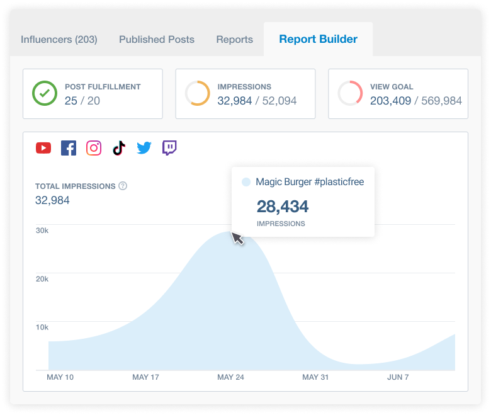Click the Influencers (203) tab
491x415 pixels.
point(59,39)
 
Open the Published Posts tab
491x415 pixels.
point(157,39)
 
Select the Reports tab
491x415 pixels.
point(234,39)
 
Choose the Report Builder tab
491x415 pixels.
point(318,39)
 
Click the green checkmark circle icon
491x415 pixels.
point(45,94)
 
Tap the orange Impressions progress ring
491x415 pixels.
point(197,94)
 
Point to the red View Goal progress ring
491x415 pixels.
point(350,94)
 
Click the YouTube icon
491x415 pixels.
point(43,148)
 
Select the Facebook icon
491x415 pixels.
point(69,148)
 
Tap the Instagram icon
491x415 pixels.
point(94,148)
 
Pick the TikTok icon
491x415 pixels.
point(119,148)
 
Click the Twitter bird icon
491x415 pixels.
point(144,148)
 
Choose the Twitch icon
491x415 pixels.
point(169,148)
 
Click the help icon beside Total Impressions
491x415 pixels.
point(123,186)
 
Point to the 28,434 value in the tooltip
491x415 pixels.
point(283,207)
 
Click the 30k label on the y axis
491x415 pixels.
point(42,230)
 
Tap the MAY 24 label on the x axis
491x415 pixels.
point(230,377)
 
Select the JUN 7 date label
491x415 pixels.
point(398,377)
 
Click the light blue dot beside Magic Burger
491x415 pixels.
point(246,182)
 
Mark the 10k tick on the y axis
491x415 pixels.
point(42,327)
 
